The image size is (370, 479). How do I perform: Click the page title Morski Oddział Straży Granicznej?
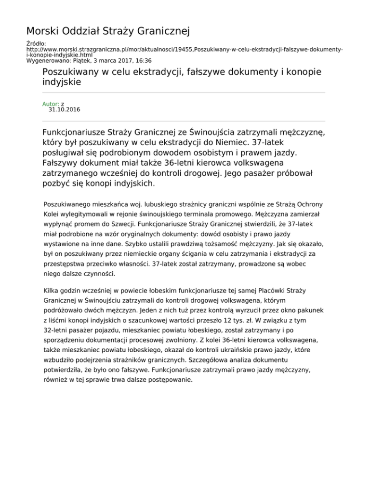pos(108,32)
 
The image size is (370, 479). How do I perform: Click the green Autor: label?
pos(51,104)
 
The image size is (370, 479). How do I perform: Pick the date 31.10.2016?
pos(65,110)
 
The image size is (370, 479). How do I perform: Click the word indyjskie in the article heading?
pos(62,82)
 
